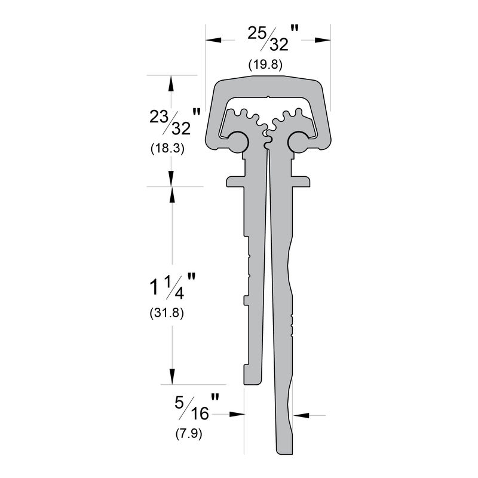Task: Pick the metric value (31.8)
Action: [x=167, y=313]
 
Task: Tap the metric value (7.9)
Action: [x=189, y=434]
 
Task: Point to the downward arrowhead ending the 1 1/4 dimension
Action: [x=172, y=376]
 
